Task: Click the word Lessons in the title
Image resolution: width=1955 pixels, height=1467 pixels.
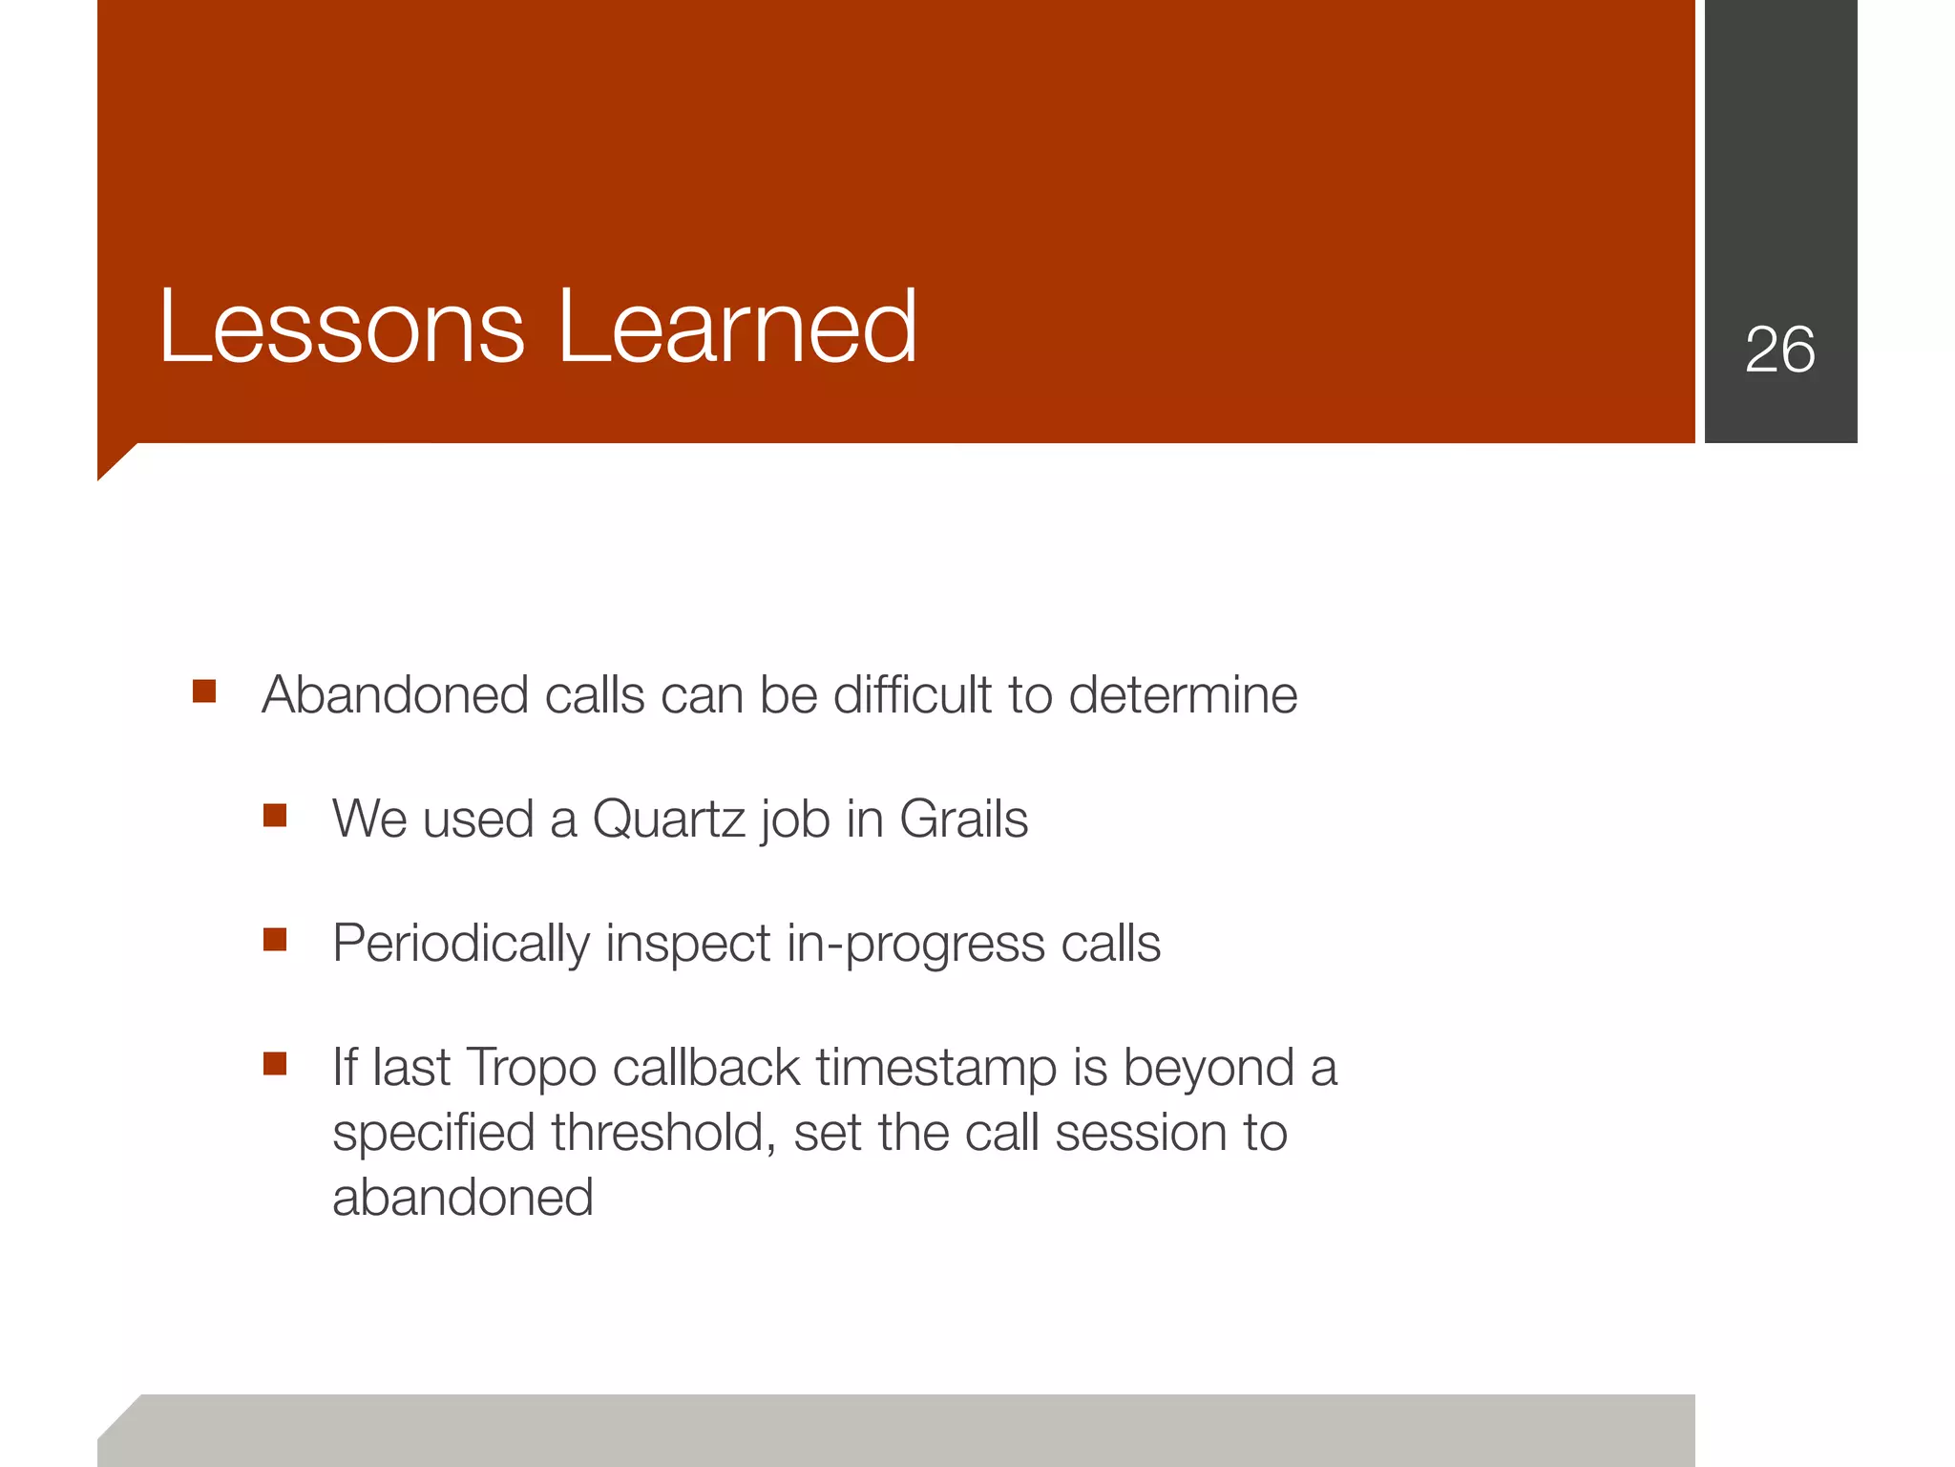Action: pyautogui.click(x=342, y=328)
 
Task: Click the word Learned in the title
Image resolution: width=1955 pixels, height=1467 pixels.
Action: pyautogui.click(x=736, y=328)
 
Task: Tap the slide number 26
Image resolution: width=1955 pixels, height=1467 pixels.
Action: pyautogui.click(x=1779, y=350)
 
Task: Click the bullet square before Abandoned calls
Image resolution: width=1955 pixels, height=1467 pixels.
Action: pyautogui.click(x=204, y=691)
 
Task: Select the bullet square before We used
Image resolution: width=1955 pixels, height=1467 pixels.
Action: pyautogui.click(x=275, y=815)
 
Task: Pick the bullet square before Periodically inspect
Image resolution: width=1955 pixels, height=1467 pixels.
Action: pyautogui.click(x=275, y=940)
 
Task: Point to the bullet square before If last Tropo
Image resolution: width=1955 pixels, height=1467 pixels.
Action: pyautogui.click(x=275, y=1063)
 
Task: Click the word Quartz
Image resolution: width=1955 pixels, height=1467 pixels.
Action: pyautogui.click(x=668, y=819)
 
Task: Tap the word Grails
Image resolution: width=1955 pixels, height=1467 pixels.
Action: pyautogui.click(x=963, y=819)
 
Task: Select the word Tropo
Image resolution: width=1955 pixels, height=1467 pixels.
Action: pyautogui.click(x=531, y=1068)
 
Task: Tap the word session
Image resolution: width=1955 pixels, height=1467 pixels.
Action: pyautogui.click(x=1141, y=1133)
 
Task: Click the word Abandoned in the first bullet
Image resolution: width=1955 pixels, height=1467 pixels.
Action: pyautogui.click(x=395, y=694)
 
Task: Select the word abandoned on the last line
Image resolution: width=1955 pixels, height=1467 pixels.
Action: pyautogui.click(x=462, y=1198)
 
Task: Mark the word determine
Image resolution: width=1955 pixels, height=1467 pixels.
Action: pyautogui.click(x=1183, y=694)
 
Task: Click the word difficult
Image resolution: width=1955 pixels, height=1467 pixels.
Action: pyautogui.click(x=912, y=694)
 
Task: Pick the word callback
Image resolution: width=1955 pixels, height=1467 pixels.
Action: pyautogui.click(x=706, y=1068)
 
